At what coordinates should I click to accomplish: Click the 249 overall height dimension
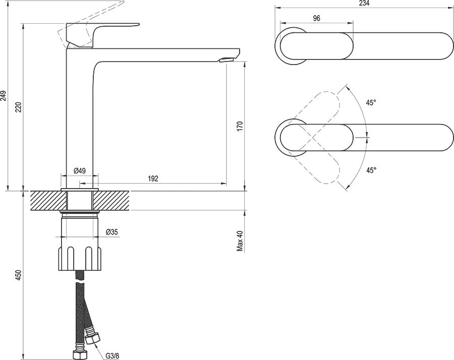pos(4,96)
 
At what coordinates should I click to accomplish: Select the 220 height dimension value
pos(18,107)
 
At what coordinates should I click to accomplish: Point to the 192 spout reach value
pos(153,178)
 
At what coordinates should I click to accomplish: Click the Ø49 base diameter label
pos(79,170)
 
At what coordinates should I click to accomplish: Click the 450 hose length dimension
pos(18,275)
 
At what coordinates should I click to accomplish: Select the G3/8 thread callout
pos(112,356)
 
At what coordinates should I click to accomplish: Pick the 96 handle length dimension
pos(317,18)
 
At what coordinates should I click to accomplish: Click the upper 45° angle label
pos(371,103)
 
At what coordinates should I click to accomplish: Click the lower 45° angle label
pos(371,170)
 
